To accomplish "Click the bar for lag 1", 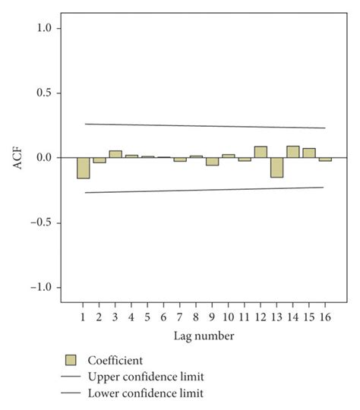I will coord(83,168).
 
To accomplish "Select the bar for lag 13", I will coord(276,167).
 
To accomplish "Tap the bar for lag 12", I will coord(261,152).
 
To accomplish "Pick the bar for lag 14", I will coord(292,152).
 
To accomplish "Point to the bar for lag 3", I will coord(115,154).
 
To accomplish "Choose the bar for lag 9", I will coord(212,161).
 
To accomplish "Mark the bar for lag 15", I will coord(309,153).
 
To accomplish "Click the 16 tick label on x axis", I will coord(325,315).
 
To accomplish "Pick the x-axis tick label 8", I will coord(196,315).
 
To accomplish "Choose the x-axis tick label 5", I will coord(147,315).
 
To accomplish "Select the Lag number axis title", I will coord(204,335).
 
